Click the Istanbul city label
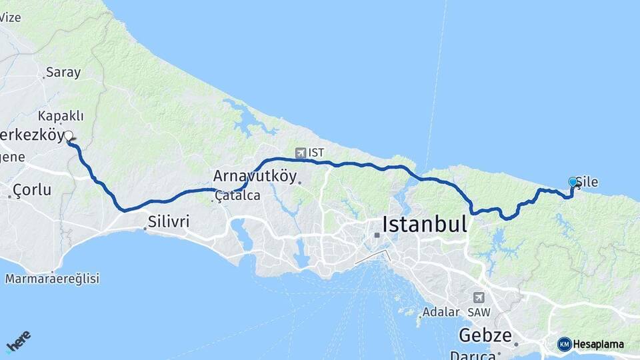tap(424, 224)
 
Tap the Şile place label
tap(587, 181)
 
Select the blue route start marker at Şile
tap(573, 181)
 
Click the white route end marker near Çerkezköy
tap(69, 136)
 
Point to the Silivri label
tap(169, 221)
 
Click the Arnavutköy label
tap(255, 176)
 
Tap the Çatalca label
tap(237, 196)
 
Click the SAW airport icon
tap(479, 297)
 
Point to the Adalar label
tap(441, 311)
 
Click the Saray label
tap(64, 73)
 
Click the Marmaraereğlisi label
tap(52, 279)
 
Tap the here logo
tap(18, 341)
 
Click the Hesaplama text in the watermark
tap(599, 344)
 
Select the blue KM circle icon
tap(564, 344)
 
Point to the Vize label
tap(10, 17)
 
